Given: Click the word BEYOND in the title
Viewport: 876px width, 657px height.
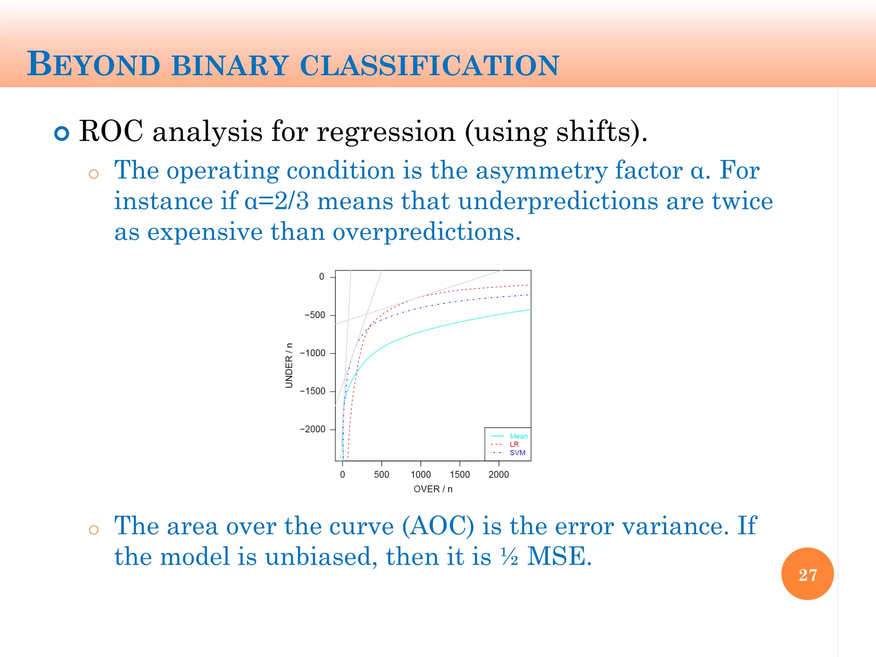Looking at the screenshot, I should [x=93, y=65].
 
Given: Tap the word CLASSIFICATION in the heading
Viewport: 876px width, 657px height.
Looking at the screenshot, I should [x=429, y=65].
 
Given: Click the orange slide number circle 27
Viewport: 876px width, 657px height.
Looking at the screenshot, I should [x=807, y=574].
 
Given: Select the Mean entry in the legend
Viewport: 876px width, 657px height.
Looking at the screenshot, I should [x=518, y=436].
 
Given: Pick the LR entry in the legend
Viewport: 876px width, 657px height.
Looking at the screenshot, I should [x=514, y=444].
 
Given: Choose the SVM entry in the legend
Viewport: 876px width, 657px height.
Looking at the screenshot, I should [x=517, y=453].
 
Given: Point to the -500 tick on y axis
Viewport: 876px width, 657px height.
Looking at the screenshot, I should [x=315, y=315].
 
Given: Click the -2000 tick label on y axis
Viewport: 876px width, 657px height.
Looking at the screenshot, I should [x=313, y=429].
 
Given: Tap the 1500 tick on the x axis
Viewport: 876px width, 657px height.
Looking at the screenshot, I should [x=459, y=474].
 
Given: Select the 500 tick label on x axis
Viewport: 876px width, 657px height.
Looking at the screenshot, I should [x=381, y=474].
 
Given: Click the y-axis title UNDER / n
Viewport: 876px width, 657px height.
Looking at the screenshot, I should [x=289, y=366].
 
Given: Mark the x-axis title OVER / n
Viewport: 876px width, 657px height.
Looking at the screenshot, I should [x=433, y=489].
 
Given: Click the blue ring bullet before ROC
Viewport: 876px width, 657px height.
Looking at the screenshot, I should [x=62, y=133].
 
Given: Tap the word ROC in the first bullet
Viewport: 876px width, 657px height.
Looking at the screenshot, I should [x=111, y=131].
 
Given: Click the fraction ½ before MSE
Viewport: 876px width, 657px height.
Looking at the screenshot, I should [x=509, y=557].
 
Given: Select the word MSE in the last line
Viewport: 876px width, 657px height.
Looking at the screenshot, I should [x=559, y=556].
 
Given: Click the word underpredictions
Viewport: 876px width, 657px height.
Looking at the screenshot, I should [x=558, y=201].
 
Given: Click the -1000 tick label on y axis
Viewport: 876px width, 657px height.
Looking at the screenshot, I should [x=313, y=353].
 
